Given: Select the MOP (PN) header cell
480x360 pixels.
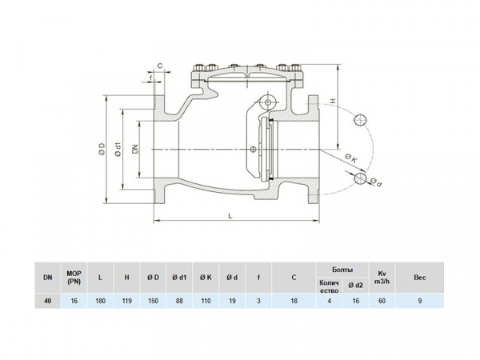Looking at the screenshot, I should click(74, 277).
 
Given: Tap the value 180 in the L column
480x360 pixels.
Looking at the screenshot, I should click(101, 302).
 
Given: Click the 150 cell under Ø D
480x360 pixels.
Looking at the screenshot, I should click(154, 302).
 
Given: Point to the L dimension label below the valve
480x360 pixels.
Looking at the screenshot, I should click(230, 216).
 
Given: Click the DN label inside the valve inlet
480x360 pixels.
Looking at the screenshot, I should click(137, 148).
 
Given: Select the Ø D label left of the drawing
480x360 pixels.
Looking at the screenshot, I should click(102, 149).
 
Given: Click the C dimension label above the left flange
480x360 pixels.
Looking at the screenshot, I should click(161, 66).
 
